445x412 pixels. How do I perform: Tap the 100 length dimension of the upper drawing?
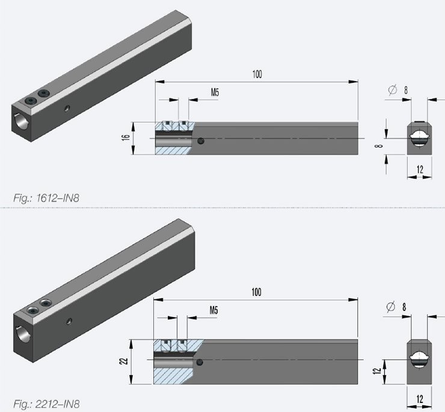257,75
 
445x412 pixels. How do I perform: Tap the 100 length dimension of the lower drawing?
257,292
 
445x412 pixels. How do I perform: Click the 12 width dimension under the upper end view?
420,170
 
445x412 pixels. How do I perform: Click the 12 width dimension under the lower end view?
420,398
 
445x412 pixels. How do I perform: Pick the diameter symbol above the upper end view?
393,90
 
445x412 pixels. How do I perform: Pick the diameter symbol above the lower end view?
392,307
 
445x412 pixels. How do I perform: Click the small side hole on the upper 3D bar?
67,109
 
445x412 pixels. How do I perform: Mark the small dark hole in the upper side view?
201,141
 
